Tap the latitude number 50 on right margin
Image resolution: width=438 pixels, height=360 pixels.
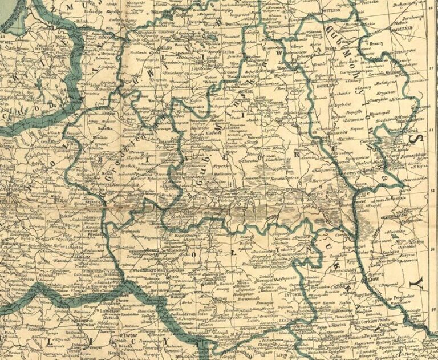tap(433, 306)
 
